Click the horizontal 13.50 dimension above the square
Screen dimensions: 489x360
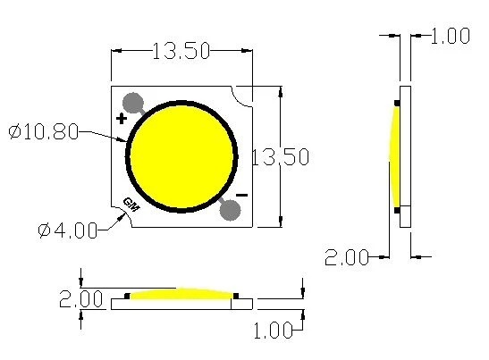(181, 51)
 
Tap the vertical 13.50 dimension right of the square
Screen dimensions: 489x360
(280, 156)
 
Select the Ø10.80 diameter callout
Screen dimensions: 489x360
(43, 131)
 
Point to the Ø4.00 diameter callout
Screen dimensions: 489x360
(67, 230)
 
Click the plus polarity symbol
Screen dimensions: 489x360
(122, 119)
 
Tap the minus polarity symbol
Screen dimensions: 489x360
(241, 195)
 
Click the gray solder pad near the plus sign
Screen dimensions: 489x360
(133, 103)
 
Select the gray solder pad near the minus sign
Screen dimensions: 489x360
(230, 210)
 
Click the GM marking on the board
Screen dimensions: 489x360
(131, 205)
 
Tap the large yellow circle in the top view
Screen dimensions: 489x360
(181, 156)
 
